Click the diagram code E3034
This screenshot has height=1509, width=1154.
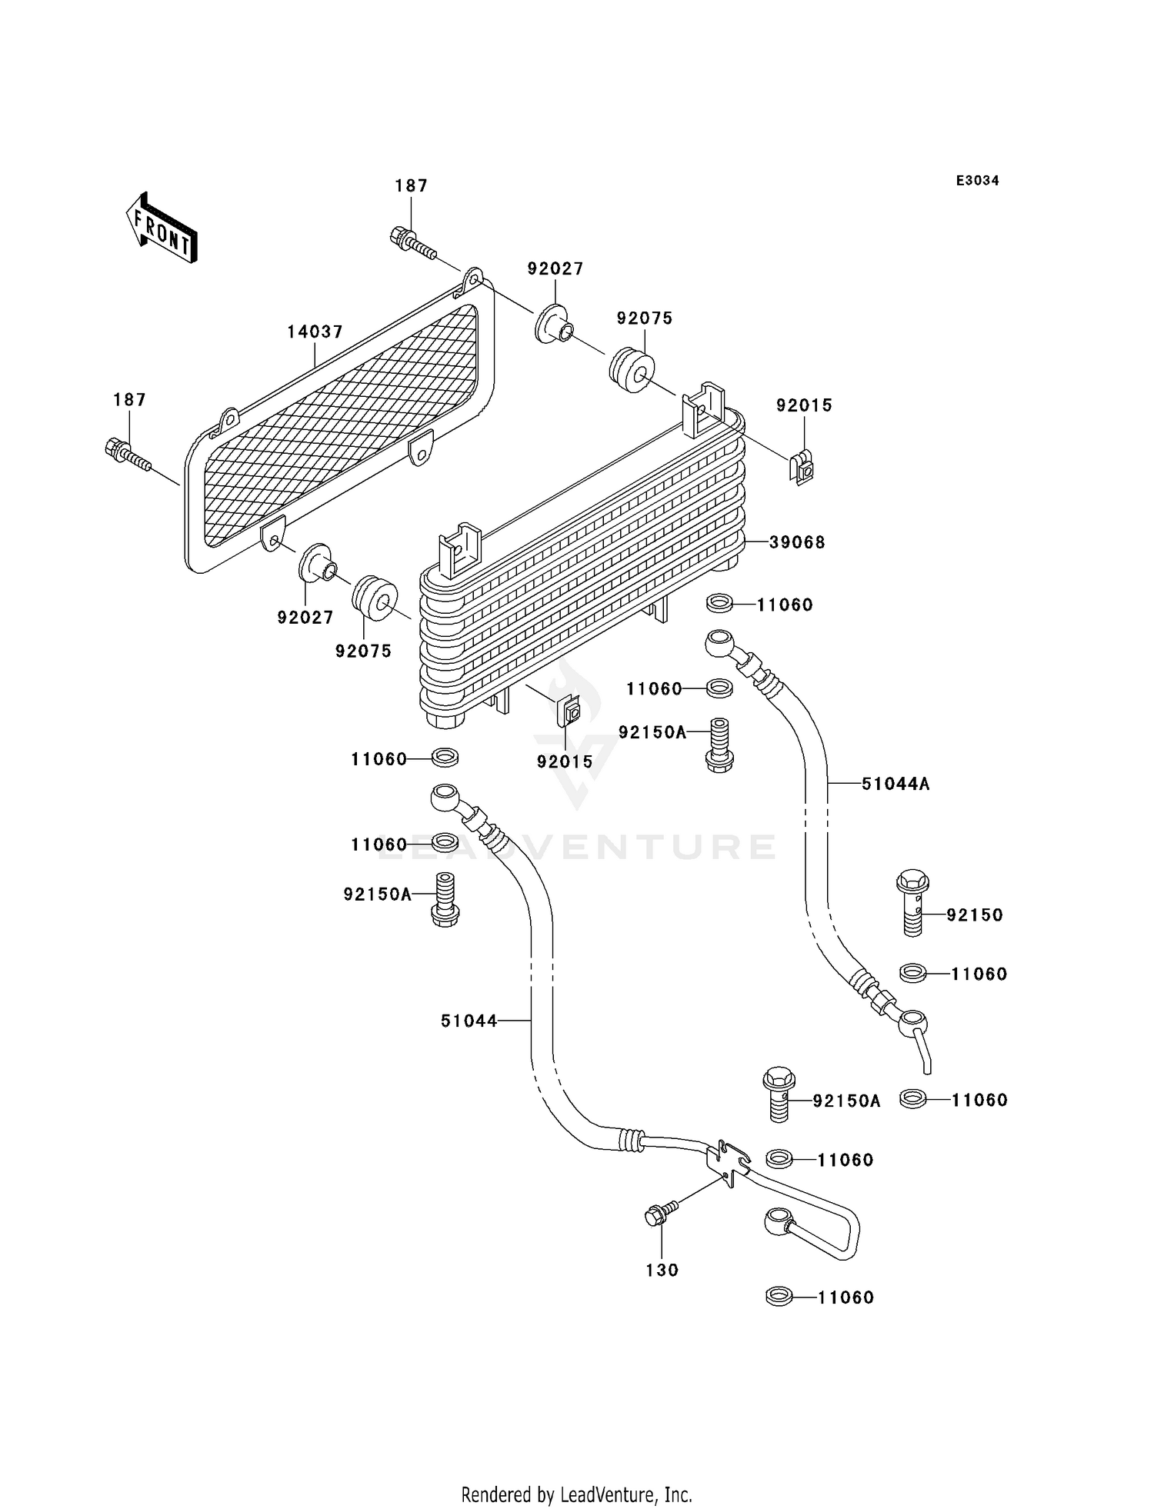tap(977, 181)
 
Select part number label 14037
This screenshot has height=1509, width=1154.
tap(315, 332)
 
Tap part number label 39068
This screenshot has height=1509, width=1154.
tap(797, 542)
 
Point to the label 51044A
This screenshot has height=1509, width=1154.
tap(896, 784)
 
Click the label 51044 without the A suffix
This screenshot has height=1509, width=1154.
tap(469, 1021)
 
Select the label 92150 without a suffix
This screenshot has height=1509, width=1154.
tap(974, 914)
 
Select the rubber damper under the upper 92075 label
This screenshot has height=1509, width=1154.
tap(632, 371)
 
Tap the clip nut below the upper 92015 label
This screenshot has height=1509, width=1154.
tap(802, 468)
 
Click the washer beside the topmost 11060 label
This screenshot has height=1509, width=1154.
tap(719, 605)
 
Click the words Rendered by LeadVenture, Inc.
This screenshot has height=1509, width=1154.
tap(576, 1494)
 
